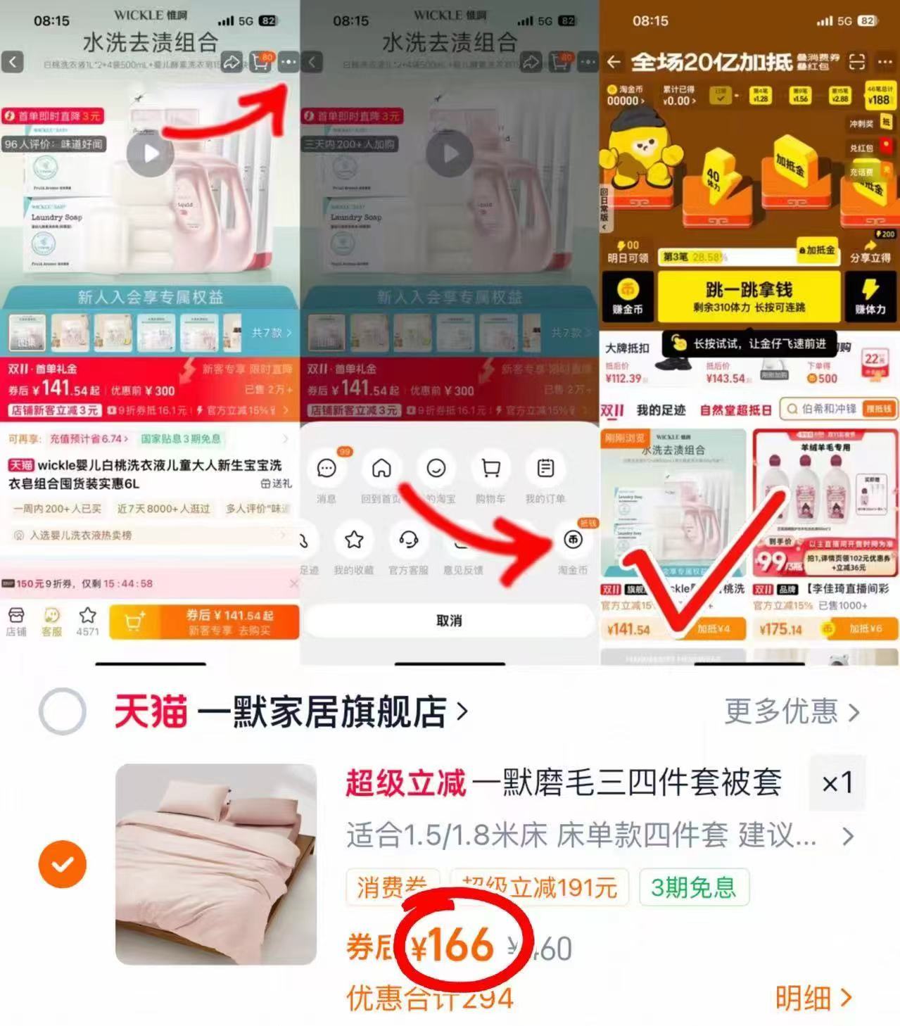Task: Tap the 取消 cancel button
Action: click(x=449, y=621)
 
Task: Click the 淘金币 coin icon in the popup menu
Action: click(x=573, y=540)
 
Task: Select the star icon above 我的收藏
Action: click(x=353, y=540)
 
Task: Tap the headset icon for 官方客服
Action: click(x=408, y=540)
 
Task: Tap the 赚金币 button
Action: click(x=627, y=296)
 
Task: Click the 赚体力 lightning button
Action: click(x=870, y=296)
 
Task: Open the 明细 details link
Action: click(x=813, y=998)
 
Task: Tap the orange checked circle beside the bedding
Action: click(x=63, y=863)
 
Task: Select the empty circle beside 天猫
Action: click(x=63, y=711)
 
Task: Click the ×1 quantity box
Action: click(x=837, y=783)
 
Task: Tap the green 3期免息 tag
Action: click(x=693, y=887)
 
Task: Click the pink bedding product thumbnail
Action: click(x=216, y=863)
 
